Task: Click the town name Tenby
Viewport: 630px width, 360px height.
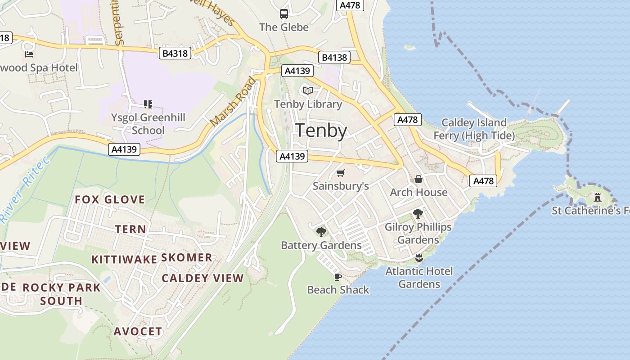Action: point(321,130)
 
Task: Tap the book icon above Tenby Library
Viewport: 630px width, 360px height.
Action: point(308,91)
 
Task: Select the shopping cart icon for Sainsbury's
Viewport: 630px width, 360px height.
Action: point(341,173)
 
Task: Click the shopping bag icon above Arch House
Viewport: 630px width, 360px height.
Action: point(418,179)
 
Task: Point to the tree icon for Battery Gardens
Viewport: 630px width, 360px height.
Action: point(321,232)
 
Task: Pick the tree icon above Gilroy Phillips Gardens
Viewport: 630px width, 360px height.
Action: point(418,214)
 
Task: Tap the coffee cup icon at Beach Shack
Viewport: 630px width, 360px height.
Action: point(338,277)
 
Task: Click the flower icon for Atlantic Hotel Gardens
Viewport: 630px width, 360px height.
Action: point(419,258)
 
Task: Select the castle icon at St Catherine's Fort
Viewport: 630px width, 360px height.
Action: point(598,197)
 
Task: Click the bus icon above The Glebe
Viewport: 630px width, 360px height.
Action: point(284,14)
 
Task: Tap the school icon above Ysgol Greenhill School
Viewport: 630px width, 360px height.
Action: point(148,104)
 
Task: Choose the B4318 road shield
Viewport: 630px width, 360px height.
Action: point(175,54)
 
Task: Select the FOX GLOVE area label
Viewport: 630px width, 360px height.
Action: point(110,200)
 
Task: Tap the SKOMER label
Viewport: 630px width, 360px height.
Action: point(186,257)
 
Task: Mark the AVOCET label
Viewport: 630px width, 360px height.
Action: point(138,332)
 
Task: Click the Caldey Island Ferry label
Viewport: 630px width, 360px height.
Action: point(474,129)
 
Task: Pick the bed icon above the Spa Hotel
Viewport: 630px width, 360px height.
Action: point(29,54)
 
